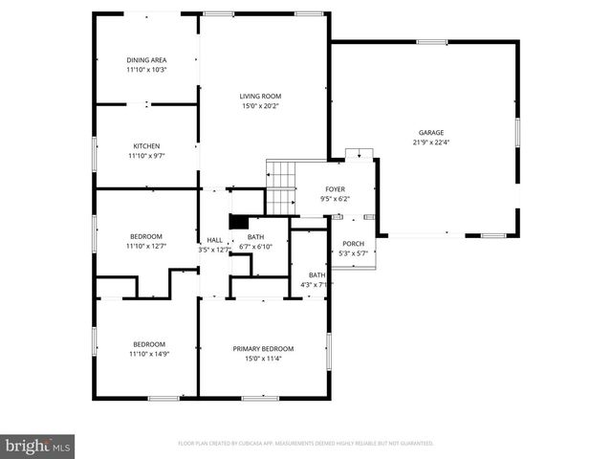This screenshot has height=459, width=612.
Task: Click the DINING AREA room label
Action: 146,60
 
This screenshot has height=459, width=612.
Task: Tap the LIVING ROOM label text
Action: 260,96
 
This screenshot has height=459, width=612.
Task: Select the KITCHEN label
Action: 146,145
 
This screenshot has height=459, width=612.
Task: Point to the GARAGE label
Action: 430,133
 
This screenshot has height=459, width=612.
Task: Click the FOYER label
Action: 335,189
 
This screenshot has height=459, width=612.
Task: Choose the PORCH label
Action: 354,244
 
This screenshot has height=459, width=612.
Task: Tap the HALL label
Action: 214,240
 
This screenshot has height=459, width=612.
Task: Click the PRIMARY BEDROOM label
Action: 263,348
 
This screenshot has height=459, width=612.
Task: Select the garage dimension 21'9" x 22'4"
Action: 430,143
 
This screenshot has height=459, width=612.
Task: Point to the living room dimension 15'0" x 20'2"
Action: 260,106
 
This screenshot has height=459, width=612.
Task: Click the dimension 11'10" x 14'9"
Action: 148,355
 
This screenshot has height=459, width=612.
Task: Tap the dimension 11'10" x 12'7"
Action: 146,247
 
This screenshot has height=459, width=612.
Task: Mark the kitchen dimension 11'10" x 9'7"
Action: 146,155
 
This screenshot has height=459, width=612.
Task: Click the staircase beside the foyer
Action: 279,186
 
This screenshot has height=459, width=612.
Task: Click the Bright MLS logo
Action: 38,447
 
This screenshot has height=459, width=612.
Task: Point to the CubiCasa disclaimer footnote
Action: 306,444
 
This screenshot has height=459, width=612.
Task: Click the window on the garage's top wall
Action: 431,41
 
